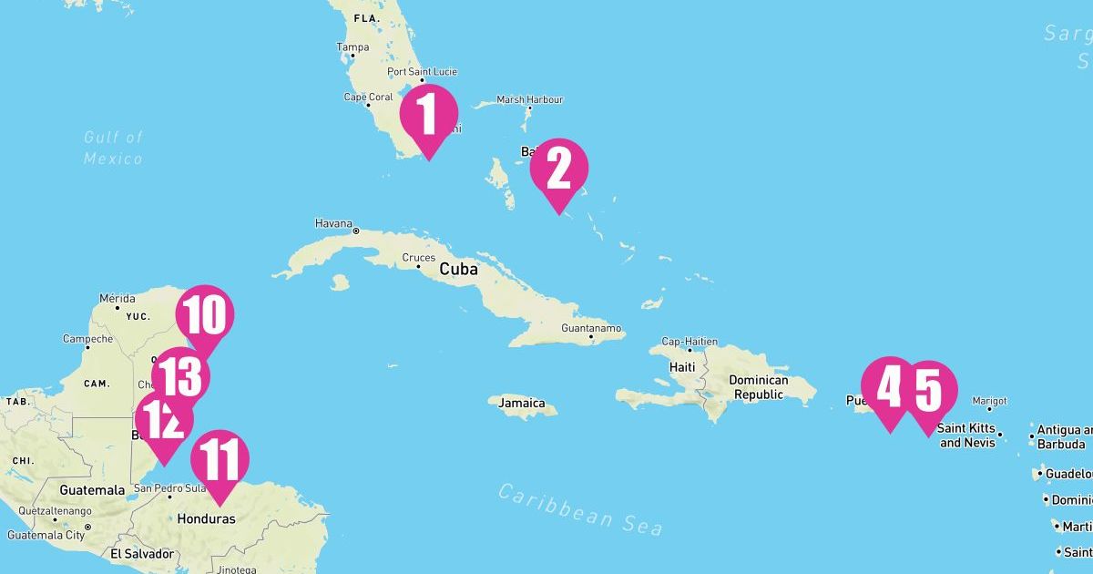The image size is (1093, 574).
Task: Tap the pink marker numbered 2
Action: click(x=559, y=169)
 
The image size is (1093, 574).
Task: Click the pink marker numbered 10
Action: click(x=205, y=316)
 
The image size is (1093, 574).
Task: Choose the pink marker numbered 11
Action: click(x=220, y=461)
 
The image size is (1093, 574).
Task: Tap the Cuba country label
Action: click(x=458, y=270)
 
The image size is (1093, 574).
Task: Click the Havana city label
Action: click(x=332, y=223)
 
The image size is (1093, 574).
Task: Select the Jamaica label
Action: click(x=522, y=403)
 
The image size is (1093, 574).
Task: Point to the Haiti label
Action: click(x=682, y=367)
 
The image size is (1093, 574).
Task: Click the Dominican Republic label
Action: click(x=759, y=387)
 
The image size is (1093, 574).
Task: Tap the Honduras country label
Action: click(x=206, y=518)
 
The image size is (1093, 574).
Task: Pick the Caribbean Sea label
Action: click(x=580, y=509)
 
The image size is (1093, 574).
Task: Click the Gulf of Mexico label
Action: click(x=114, y=148)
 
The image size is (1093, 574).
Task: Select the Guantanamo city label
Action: click(x=591, y=328)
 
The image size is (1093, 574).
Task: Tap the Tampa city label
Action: click(x=352, y=47)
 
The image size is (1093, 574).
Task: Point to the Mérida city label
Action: click(x=117, y=298)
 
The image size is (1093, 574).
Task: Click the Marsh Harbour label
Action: click(x=529, y=100)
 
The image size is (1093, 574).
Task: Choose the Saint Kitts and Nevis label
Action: click(x=965, y=436)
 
